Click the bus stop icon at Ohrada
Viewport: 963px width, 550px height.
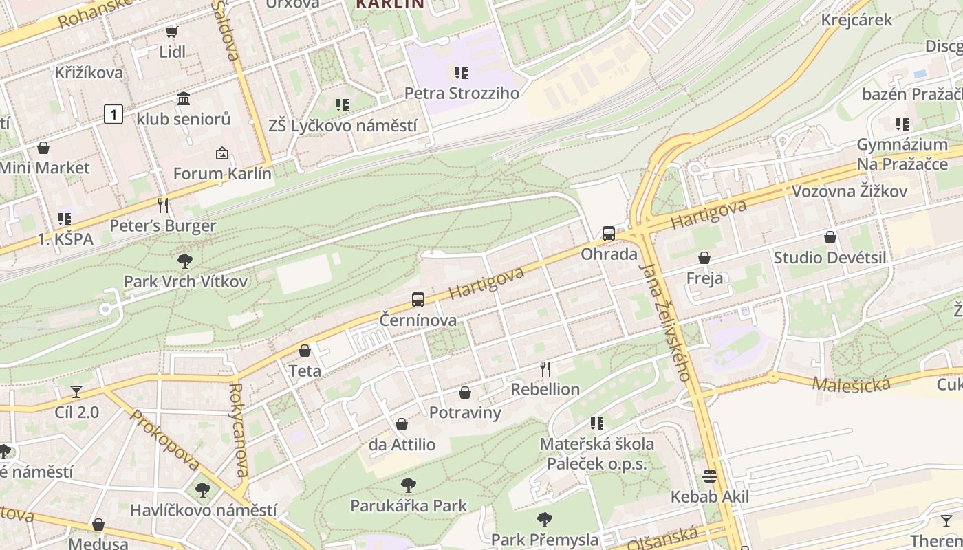click(x=609, y=234)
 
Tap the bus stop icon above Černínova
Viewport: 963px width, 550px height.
click(x=418, y=300)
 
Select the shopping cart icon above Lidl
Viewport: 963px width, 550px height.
click(x=171, y=32)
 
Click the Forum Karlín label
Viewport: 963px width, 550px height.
click(x=222, y=174)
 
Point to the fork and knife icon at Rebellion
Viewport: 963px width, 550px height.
click(x=545, y=369)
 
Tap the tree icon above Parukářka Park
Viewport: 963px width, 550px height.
click(x=409, y=485)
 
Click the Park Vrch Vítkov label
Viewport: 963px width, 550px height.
click(x=185, y=281)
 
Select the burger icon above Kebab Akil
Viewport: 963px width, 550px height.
click(x=710, y=476)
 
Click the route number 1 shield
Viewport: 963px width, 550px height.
click(x=113, y=114)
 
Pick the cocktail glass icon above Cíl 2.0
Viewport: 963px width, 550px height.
click(x=76, y=392)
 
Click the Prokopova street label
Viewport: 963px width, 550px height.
click(x=164, y=441)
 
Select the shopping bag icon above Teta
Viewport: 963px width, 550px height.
click(x=305, y=351)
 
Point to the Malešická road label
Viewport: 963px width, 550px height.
click(x=851, y=383)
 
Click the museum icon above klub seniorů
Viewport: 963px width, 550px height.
click(x=184, y=99)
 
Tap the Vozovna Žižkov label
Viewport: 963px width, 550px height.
click(x=850, y=191)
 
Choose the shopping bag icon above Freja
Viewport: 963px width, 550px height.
click(x=704, y=258)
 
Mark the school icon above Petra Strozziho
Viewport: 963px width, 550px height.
click(x=461, y=72)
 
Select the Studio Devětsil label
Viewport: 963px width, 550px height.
click(x=830, y=258)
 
